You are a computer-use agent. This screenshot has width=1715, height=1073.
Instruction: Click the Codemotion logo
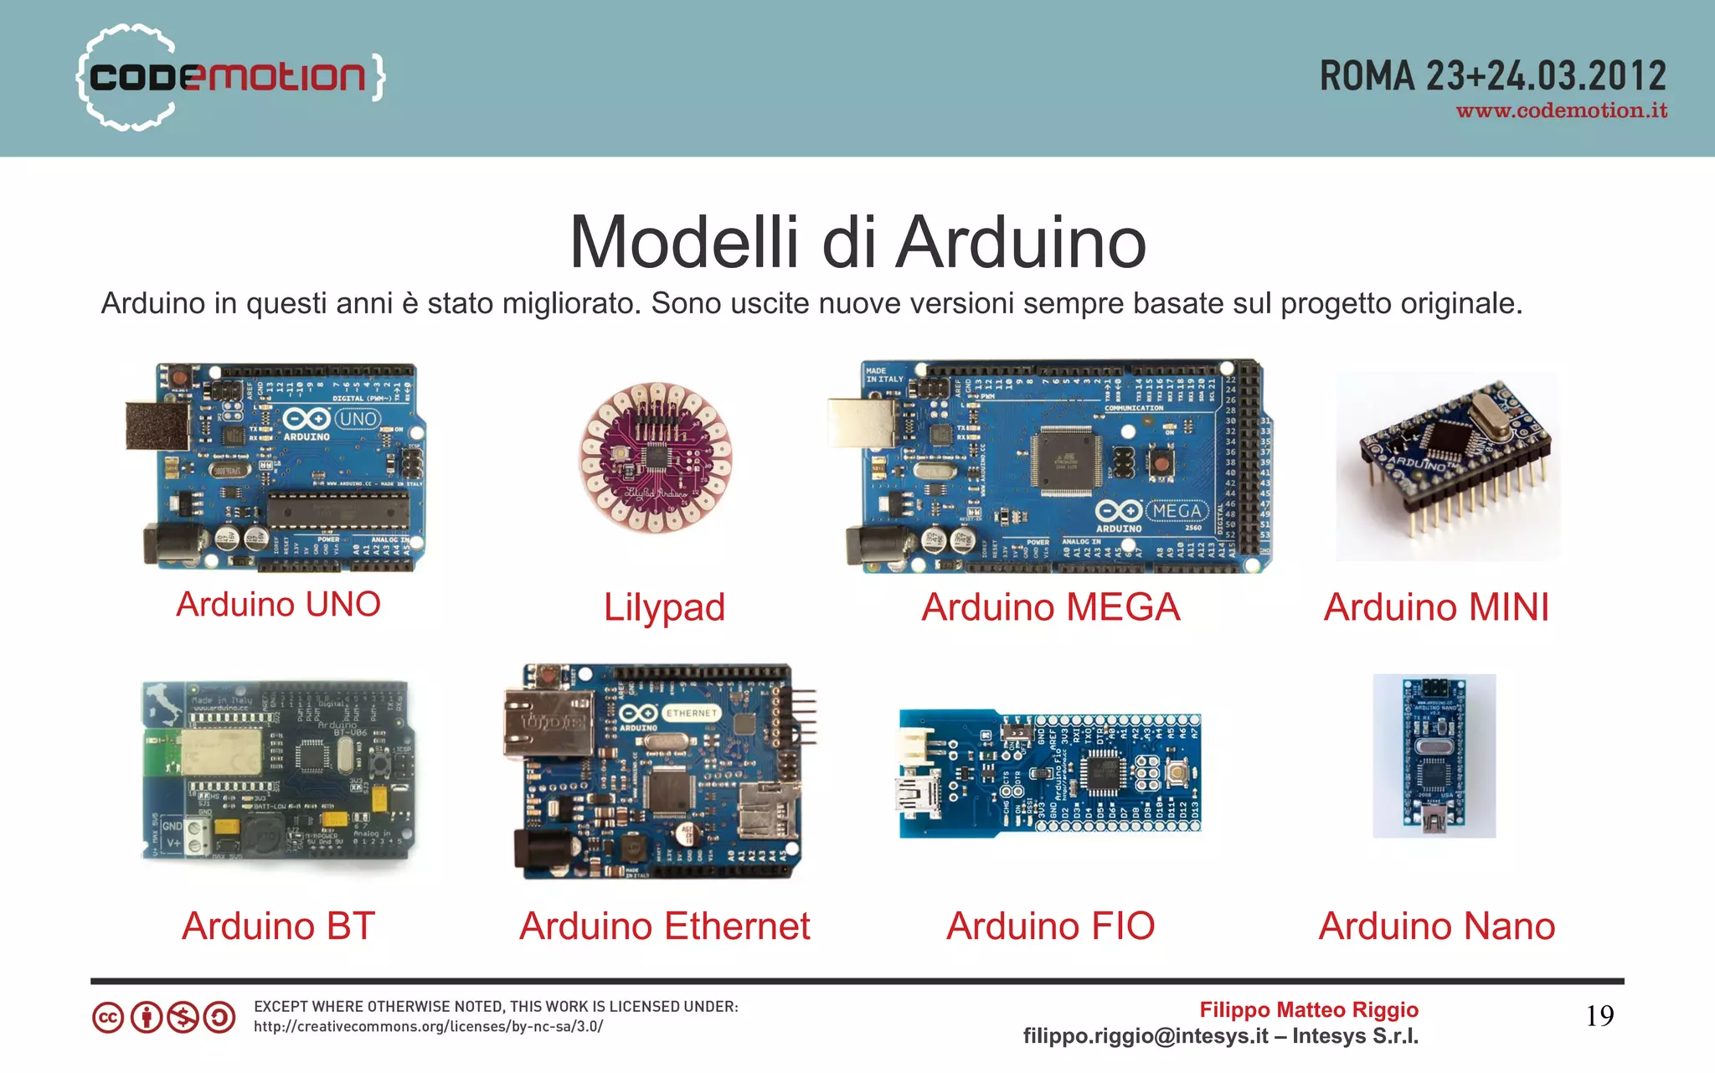(230, 77)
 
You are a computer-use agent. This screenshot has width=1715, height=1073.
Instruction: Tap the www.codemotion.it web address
(1561, 111)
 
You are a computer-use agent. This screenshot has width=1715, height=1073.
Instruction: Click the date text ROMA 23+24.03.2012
(1492, 76)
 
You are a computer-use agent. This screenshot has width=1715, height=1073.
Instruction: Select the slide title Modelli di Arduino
(857, 242)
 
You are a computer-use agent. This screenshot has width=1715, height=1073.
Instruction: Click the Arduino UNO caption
(278, 604)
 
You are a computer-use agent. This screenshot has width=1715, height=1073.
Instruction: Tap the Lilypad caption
(664, 607)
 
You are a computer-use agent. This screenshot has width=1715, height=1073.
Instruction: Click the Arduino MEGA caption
(1050, 607)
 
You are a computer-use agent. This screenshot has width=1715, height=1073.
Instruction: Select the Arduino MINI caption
(1436, 607)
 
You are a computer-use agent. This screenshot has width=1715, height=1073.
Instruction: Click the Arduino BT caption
(278, 926)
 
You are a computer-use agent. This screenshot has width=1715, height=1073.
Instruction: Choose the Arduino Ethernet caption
(664, 926)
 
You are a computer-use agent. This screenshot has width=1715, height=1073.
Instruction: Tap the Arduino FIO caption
(1050, 926)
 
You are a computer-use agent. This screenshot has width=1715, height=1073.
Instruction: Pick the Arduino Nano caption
(1436, 926)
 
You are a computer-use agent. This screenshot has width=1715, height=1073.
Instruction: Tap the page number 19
(1599, 1016)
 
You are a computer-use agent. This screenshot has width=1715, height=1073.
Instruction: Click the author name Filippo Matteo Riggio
(1308, 1009)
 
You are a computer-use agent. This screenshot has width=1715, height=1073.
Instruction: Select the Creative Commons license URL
(428, 1026)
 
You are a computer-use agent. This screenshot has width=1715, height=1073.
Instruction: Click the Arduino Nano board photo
(1434, 756)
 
